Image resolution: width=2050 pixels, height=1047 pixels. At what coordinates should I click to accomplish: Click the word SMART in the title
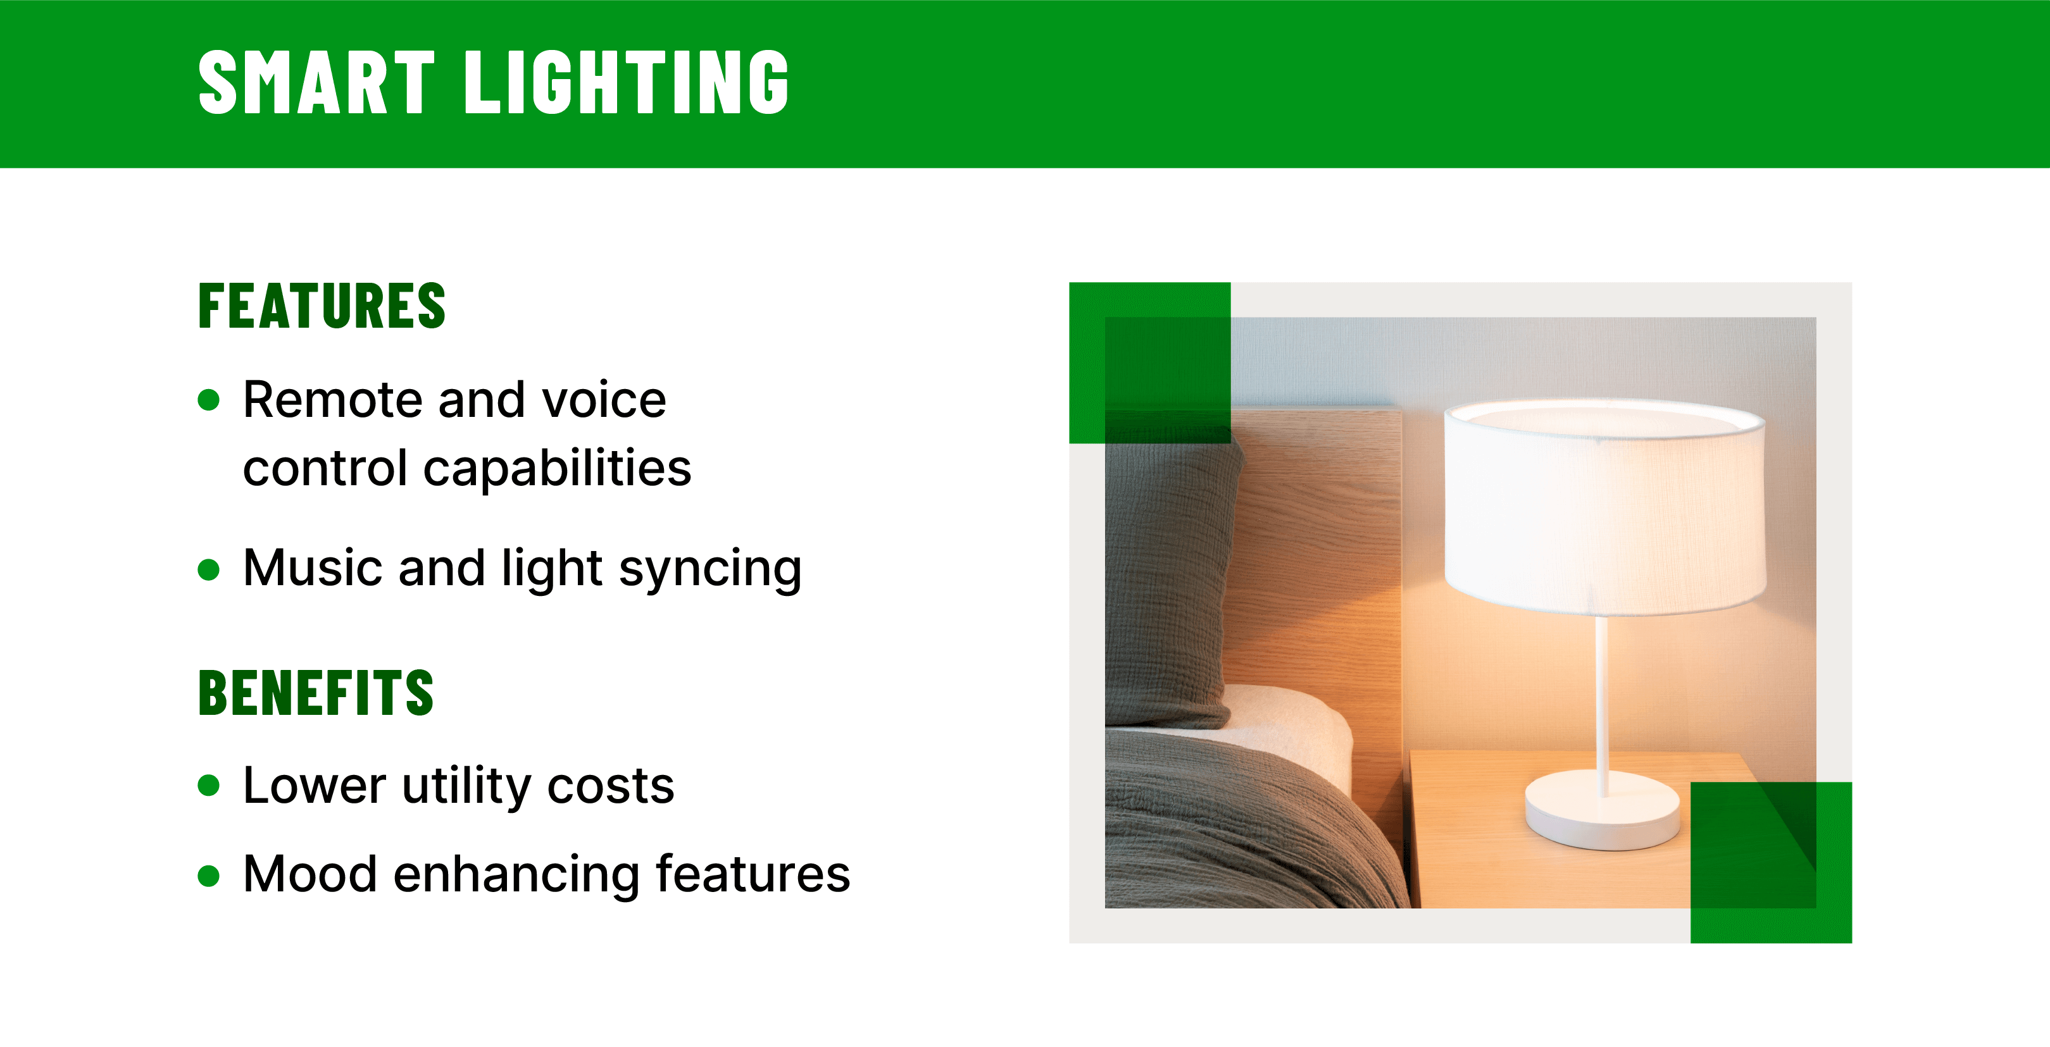click(316, 83)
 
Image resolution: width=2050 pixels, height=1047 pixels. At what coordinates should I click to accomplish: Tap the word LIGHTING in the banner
click(627, 83)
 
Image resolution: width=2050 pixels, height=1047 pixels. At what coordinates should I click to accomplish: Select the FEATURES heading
click(322, 306)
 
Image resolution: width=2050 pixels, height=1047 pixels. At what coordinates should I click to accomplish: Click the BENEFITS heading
click(316, 693)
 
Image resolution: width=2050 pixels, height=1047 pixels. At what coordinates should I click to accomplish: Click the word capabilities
click(557, 469)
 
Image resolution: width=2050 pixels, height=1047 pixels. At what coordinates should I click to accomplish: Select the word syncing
click(710, 569)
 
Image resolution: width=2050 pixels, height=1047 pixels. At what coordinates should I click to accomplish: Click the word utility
click(466, 786)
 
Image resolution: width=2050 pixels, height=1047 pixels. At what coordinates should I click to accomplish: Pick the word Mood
click(309, 874)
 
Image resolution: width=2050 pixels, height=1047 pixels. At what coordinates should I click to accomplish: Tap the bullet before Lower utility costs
click(208, 786)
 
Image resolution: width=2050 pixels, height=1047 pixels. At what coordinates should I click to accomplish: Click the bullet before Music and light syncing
click(208, 569)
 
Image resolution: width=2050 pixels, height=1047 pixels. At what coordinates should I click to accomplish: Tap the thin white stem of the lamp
click(1601, 700)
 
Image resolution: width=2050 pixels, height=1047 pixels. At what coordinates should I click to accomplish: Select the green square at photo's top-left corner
click(1149, 362)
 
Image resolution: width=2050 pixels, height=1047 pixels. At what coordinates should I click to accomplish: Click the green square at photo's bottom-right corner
click(1771, 862)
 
